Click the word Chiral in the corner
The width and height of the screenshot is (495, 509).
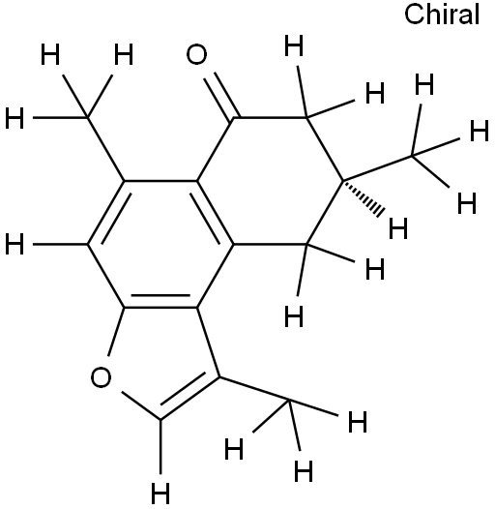tap(442, 15)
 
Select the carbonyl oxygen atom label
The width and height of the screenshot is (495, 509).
tap(196, 54)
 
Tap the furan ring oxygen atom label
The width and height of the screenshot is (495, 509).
tap(101, 377)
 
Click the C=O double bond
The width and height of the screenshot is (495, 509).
tap(221, 96)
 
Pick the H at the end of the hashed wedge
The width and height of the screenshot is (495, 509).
tap(398, 228)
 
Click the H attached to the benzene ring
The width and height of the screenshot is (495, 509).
tap(15, 244)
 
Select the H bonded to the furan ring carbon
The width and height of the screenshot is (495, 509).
tap(160, 494)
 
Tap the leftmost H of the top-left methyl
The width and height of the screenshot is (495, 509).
tap(15, 117)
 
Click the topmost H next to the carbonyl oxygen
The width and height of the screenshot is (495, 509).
tap(294, 45)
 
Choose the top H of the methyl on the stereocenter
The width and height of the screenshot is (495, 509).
tap(424, 84)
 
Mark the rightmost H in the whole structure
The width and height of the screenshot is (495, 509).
tap(480, 131)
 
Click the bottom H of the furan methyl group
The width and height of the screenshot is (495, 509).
tap(304, 470)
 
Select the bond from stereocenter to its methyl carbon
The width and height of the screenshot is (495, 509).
tap(377, 168)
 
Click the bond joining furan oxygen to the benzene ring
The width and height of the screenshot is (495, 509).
tap(116, 331)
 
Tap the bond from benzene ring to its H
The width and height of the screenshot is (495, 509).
tap(60, 244)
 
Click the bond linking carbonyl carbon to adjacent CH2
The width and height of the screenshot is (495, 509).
tap(270, 117)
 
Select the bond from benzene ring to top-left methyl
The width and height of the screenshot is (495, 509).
tap(106, 149)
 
